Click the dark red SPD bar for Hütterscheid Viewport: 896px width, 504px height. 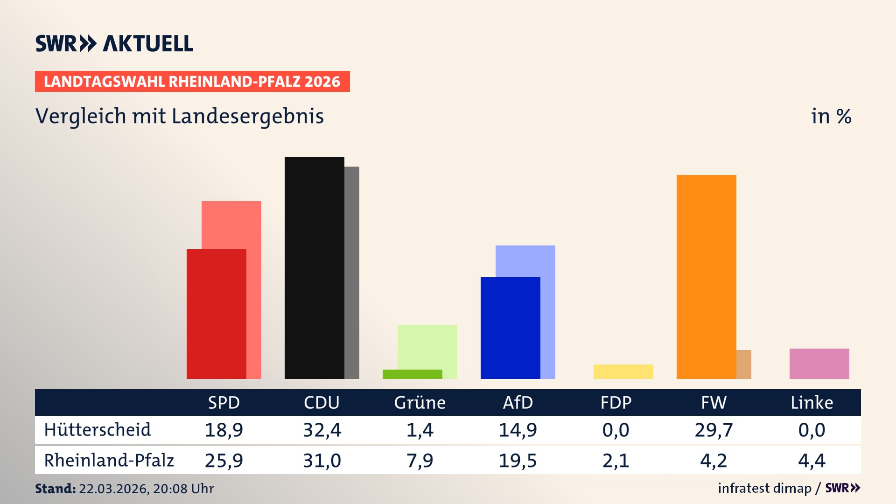point(216,314)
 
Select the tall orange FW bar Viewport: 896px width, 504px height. point(706,276)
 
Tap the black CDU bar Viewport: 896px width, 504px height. point(314,267)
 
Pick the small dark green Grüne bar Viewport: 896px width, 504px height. point(412,374)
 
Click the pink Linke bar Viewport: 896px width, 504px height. point(819,364)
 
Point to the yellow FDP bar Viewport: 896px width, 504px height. point(623,371)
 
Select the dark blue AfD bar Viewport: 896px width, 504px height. point(510,328)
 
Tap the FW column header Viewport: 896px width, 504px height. point(714,402)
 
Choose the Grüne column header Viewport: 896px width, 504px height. point(420,402)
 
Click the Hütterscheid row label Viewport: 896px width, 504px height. point(98,429)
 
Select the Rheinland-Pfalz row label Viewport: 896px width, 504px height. point(109,460)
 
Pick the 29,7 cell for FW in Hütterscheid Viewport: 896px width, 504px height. point(714,429)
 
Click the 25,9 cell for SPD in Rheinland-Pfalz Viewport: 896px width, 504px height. point(224,460)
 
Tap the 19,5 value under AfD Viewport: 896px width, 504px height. point(518,460)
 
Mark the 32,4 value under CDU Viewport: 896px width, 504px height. point(322,429)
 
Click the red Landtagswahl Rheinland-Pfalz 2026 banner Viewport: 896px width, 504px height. point(192,81)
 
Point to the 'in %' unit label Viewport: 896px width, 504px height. point(831,116)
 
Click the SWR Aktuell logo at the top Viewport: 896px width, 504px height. point(114,43)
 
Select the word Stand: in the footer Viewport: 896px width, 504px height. point(55,489)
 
